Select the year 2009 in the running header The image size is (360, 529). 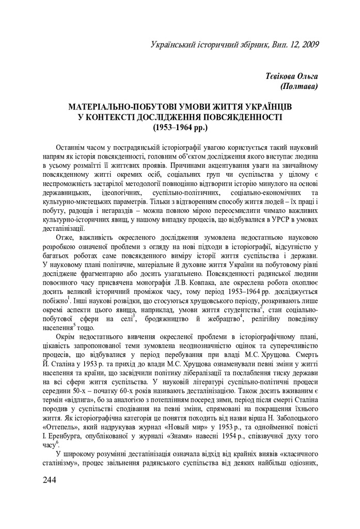click(308, 44)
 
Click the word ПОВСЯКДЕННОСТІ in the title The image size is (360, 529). click(236, 116)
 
